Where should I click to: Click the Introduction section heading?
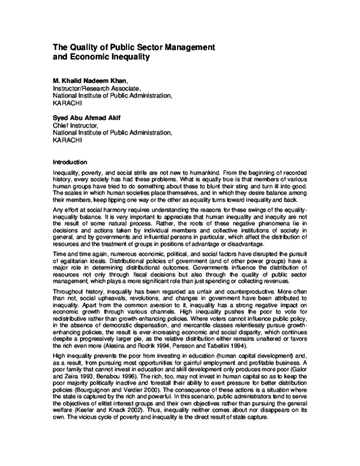tap(70, 162)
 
